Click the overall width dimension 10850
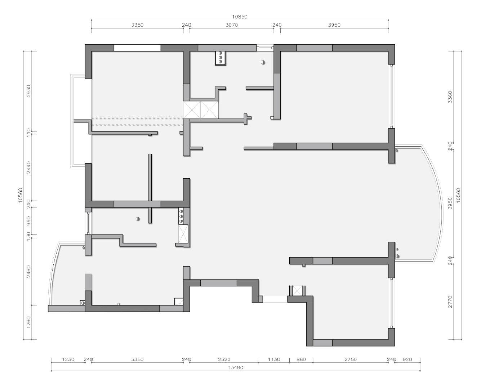[240, 17]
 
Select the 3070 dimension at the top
[232, 25]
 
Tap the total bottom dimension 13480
[236, 374]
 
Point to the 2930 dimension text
[28, 91]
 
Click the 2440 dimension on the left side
[28, 167]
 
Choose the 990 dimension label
[28, 221]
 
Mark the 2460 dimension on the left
[28, 272]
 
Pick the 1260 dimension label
[28, 322]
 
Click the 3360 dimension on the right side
[450, 97]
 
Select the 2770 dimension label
[450, 301]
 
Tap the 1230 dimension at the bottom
[68, 359]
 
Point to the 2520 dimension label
[224, 359]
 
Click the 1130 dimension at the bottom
[274, 359]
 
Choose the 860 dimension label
[301, 359]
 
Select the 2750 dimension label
[351, 359]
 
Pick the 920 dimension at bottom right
[407, 359]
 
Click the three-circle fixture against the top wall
[221, 58]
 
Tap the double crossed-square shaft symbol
[201, 110]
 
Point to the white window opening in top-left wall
[137, 48]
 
